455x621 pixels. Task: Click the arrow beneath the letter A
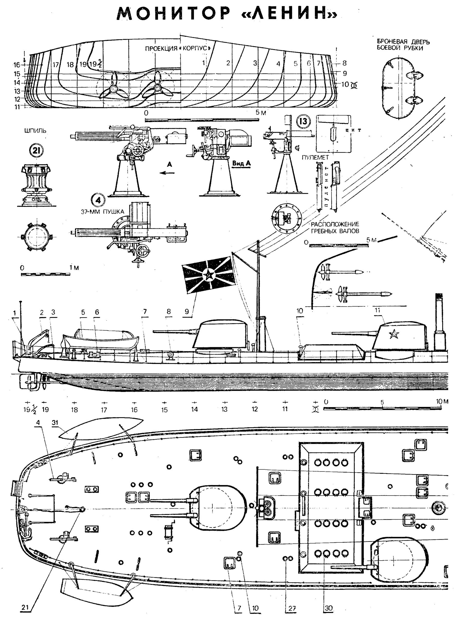168,173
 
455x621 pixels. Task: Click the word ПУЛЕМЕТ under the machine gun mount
315,157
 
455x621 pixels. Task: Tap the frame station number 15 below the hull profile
164,410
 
